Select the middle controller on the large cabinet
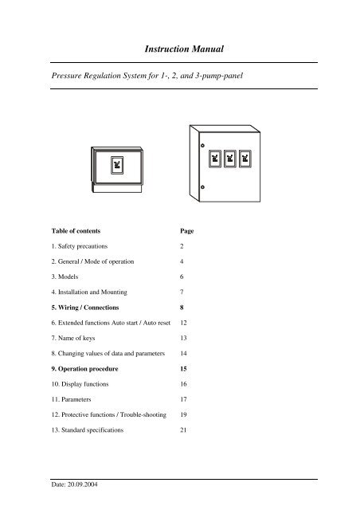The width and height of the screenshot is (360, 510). pyautogui.click(x=229, y=159)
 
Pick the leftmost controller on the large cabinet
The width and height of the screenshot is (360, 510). pyautogui.click(x=213, y=159)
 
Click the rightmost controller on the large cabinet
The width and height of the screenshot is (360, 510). pyautogui.click(x=246, y=159)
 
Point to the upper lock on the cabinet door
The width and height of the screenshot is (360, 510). pyautogui.click(x=202, y=146)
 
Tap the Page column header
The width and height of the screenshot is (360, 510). pyautogui.click(x=188, y=231)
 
